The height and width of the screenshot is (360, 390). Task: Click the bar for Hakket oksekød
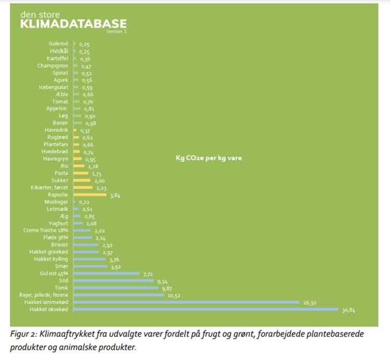(x=206, y=310)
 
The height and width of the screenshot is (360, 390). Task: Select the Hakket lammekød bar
(x=186, y=302)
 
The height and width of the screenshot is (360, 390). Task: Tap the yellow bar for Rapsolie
(x=90, y=195)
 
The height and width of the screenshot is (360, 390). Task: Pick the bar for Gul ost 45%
(x=106, y=273)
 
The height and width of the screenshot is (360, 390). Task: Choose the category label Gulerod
(x=58, y=44)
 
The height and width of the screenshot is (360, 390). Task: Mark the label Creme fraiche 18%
(x=46, y=230)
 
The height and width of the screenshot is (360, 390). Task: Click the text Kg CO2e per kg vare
(x=209, y=158)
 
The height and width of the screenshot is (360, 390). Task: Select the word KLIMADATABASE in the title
(x=73, y=24)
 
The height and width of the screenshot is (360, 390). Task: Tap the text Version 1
(x=116, y=32)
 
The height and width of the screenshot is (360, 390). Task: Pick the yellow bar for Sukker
(x=81, y=180)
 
